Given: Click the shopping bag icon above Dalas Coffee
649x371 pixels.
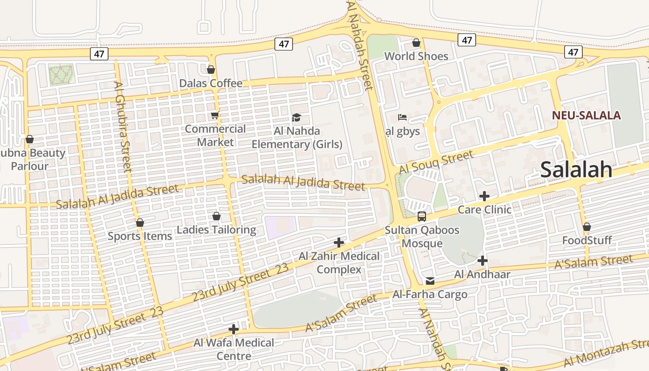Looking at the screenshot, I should pos(211,70).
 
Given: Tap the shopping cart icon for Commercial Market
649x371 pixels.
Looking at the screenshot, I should pos(215,115).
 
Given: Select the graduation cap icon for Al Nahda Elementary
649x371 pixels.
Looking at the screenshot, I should pos(296,117).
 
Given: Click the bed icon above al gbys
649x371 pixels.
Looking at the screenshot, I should pos(402,117).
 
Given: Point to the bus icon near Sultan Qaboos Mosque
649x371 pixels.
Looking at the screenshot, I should pos(422,216).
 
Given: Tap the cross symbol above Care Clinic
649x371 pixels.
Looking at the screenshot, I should pos(484,196).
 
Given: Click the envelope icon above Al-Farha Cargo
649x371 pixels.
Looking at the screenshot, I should pos(430,281).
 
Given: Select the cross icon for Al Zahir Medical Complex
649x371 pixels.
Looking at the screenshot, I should pos(339,243).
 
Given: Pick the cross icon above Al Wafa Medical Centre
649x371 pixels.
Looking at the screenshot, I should pos(234,329).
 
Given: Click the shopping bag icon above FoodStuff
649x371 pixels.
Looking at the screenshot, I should pos(587,227).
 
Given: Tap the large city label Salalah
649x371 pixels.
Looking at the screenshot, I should pos(576,170).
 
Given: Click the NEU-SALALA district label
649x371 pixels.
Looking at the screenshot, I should pos(586,115).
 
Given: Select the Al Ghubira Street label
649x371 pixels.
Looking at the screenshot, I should pos(123,126).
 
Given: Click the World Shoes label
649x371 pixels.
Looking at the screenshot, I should pos(416,56).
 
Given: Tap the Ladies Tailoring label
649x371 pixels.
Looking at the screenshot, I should pos(216,230).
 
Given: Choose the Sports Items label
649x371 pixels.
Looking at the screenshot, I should pos(140,236).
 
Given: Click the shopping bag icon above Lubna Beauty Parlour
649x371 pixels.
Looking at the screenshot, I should pos(30,139).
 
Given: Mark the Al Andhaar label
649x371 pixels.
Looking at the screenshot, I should pos(482,274).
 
